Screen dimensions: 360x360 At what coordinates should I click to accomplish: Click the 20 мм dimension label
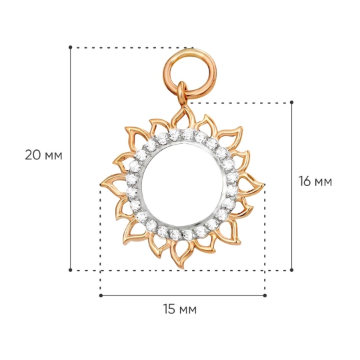coord(43,155)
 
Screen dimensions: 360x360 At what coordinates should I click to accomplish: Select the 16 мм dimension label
coord(315,181)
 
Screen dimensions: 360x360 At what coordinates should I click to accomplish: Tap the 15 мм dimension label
coord(180,309)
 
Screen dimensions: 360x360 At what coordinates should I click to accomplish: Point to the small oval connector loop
coord(181,94)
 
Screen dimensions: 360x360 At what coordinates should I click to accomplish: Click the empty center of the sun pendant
coord(183,185)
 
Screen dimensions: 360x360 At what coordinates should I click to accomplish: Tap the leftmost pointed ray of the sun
coord(113,184)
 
